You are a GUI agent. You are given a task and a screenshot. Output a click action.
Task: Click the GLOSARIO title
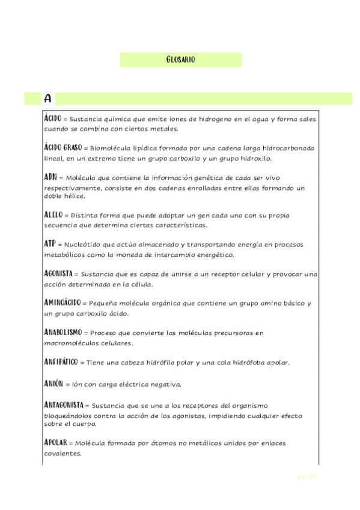click(x=180, y=60)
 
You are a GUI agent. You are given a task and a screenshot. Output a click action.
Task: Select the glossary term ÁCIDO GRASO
click(x=63, y=147)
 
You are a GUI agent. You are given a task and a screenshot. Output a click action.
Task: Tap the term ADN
click(x=50, y=177)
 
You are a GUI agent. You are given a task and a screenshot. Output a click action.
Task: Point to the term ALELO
click(x=53, y=214)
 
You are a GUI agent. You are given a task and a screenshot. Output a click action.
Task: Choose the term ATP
click(x=50, y=244)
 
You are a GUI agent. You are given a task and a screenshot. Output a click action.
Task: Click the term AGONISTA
click(x=59, y=273)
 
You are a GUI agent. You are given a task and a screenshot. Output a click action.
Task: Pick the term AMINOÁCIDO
click(x=63, y=302)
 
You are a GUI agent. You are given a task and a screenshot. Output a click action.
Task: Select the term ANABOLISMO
click(x=63, y=332)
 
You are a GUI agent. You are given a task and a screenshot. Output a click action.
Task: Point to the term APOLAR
click(x=55, y=443)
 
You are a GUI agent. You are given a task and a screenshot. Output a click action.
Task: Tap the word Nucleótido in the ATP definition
click(x=84, y=245)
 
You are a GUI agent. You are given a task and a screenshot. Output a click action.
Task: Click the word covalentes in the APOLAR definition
click(x=63, y=454)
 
